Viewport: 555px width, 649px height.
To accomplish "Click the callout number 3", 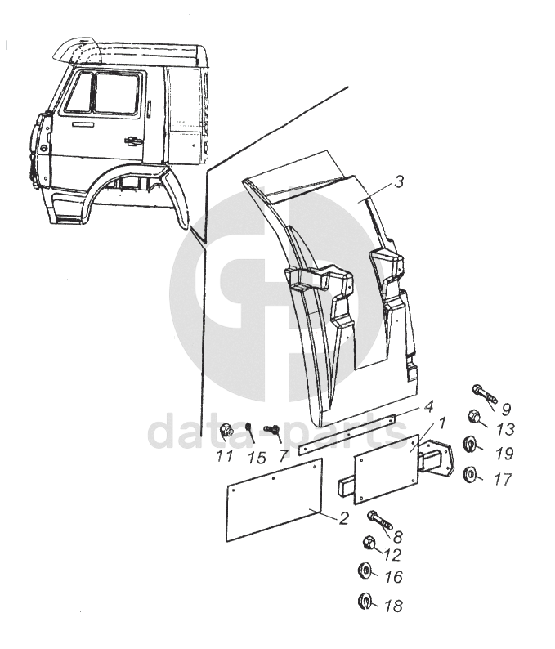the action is [x=398, y=182].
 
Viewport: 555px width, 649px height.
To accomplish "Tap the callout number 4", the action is [x=427, y=406].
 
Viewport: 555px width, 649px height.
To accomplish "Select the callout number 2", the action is [x=344, y=518].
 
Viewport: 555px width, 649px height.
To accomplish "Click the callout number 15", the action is [x=257, y=456].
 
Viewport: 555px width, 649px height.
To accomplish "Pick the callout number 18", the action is [x=392, y=606].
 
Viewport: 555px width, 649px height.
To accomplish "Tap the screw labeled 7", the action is [x=273, y=429].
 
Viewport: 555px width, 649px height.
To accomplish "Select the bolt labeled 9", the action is [x=483, y=393].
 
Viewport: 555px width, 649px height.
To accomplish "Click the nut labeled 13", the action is [x=474, y=418].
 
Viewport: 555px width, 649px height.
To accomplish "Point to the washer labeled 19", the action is [x=470, y=445].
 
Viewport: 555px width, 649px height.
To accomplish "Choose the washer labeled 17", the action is [x=470, y=473].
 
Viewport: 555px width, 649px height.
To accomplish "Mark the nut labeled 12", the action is [x=369, y=543].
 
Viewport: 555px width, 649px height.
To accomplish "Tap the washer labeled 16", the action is [x=365, y=571].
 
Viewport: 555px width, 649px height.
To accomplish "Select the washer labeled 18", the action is [x=365, y=603].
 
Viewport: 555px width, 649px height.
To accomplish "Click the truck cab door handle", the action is [x=128, y=141].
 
